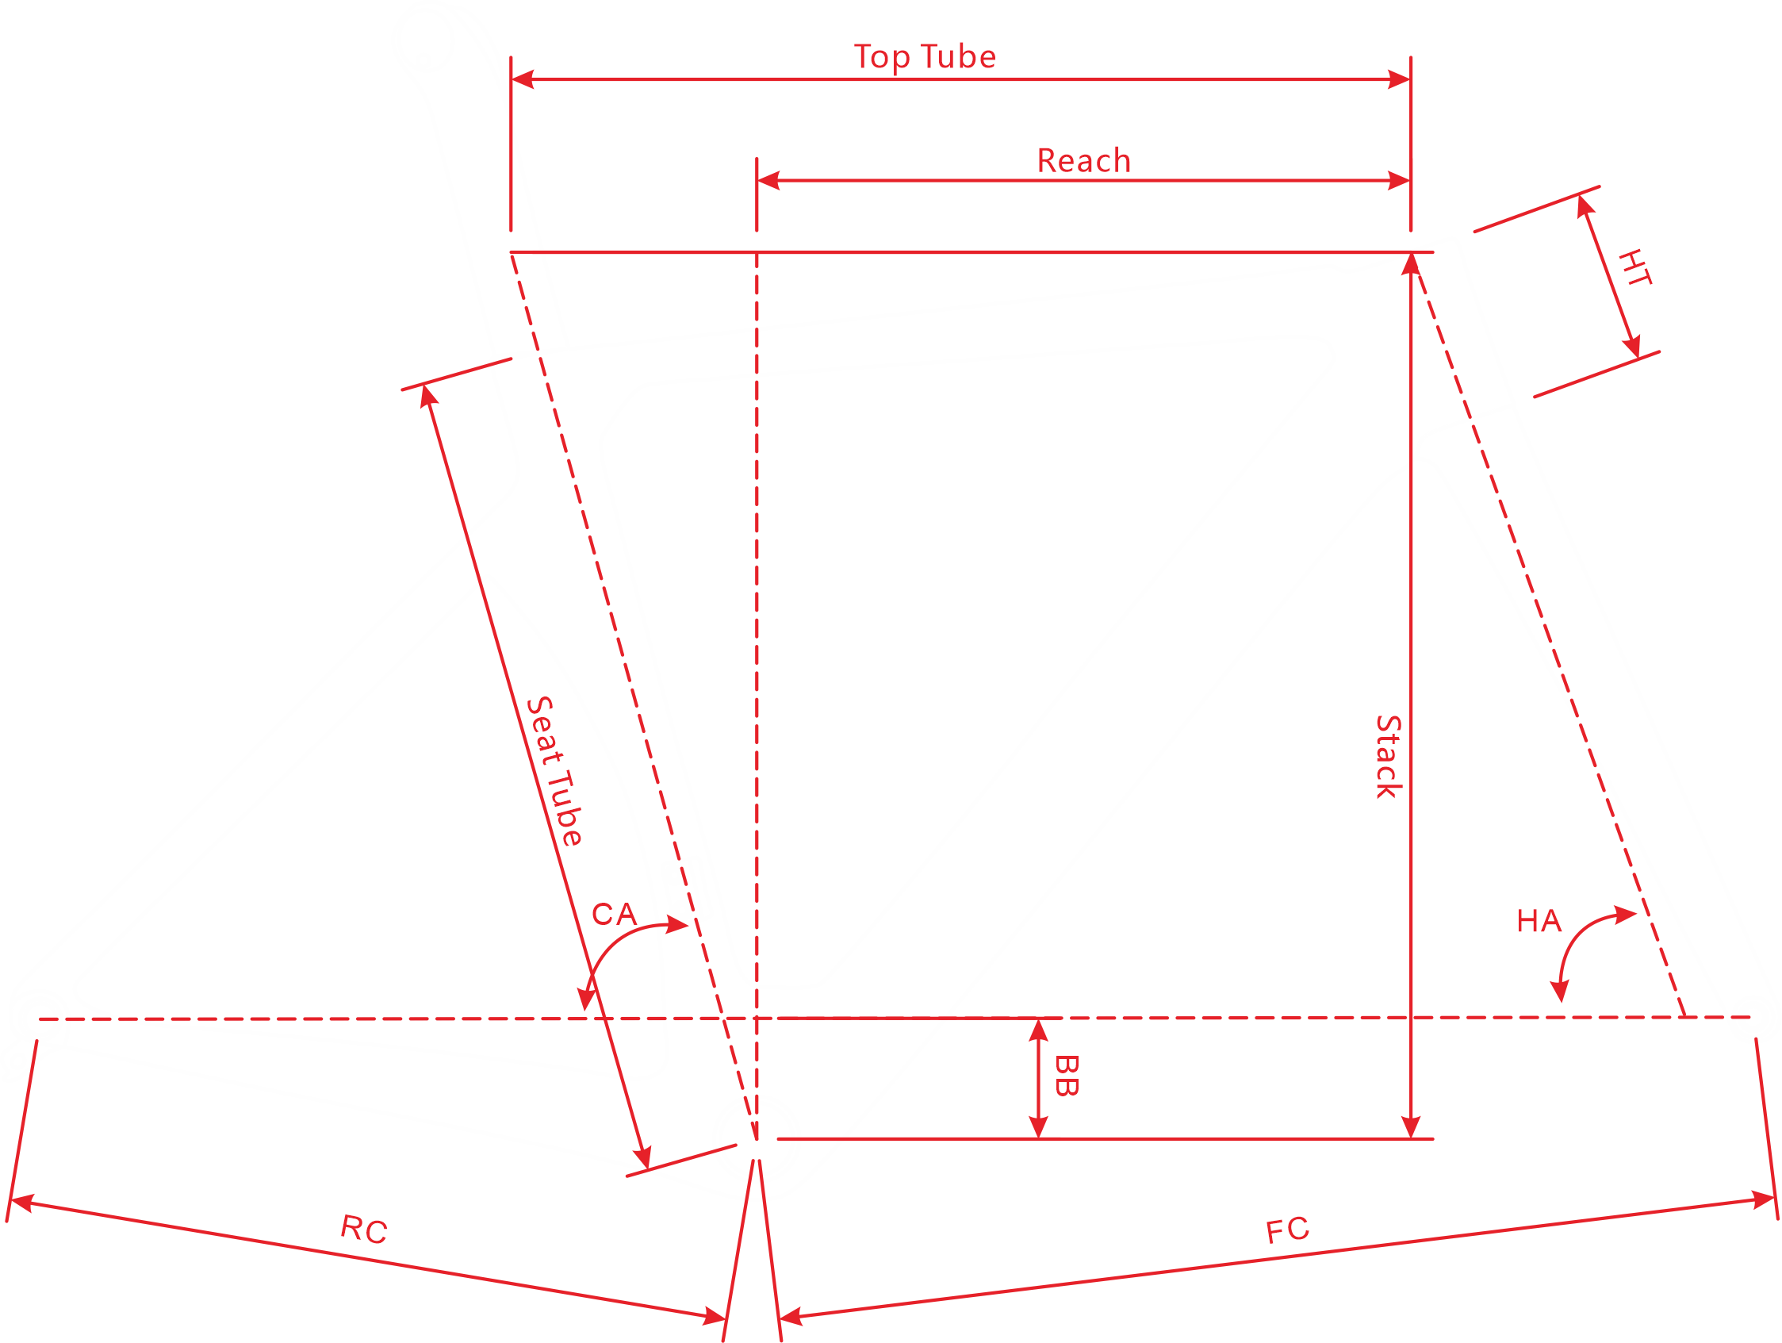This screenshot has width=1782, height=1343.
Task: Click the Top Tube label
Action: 925,57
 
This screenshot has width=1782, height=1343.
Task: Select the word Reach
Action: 1083,161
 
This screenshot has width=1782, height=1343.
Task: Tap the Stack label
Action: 1389,757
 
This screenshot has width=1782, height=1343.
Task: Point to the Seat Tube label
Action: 554,771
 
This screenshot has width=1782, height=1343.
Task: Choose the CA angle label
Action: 614,915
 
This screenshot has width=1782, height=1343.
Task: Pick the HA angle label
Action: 1539,921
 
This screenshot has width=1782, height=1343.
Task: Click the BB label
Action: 1067,1076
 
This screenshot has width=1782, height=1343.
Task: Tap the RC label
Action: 364,1229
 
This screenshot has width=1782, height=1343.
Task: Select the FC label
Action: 1287,1230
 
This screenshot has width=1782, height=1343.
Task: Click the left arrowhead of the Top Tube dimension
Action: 522,79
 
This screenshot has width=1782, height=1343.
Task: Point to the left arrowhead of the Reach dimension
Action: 768,180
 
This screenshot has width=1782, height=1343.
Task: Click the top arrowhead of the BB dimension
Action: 1038,1030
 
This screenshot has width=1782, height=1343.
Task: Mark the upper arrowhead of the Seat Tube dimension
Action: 427,397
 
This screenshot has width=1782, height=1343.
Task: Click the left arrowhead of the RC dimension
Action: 21,1203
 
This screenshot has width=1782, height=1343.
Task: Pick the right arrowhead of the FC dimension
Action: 1764,1200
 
